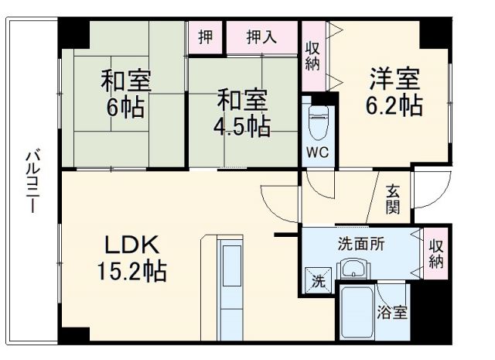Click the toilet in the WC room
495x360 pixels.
317,120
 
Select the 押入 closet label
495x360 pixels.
261,36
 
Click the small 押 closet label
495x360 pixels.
205,36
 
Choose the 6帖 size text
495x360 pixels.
125,107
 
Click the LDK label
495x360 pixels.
132,246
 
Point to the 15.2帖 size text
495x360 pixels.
131,272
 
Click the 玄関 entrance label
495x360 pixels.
393,199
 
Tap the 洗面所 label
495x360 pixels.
360,242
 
